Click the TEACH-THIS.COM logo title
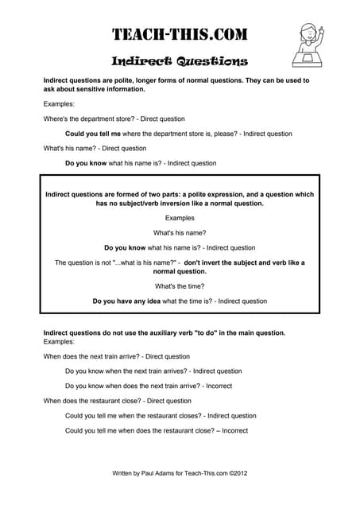point(179,34)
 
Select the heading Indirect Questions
point(180,61)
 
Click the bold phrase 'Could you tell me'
point(93,134)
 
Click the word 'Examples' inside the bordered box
point(180,217)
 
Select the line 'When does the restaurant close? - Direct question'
point(117,401)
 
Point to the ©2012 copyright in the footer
point(238,472)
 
